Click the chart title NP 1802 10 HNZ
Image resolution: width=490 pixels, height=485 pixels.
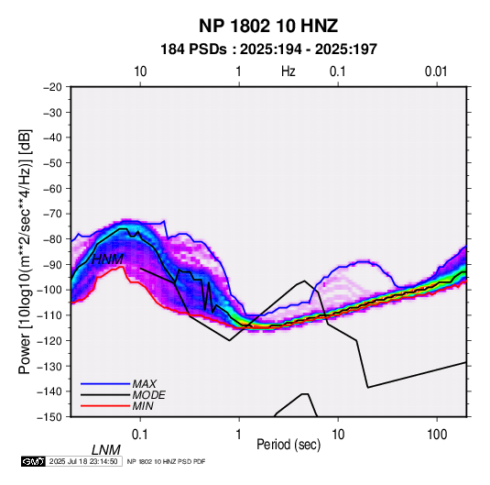(x=268, y=26)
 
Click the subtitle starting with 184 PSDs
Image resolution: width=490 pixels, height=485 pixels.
(x=268, y=50)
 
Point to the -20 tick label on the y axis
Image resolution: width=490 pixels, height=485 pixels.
(x=52, y=87)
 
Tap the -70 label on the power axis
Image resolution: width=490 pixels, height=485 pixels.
(x=52, y=214)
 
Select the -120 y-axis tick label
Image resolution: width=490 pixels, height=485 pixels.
(x=49, y=340)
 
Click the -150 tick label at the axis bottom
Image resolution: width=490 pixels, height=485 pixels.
(x=49, y=417)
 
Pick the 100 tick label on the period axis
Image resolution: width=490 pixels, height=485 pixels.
(x=437, y=435)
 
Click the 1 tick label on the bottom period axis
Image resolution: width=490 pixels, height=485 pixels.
(x=239, y=435)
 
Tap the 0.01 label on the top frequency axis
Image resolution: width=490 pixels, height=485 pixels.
(x=436, y=72)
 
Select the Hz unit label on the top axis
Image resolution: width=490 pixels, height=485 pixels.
(x=289, y=72)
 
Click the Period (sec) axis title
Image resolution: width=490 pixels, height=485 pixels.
(x=289, y=445)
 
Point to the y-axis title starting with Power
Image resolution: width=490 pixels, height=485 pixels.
(x=25, y=252)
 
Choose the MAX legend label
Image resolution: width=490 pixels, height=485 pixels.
(x=145, y=384)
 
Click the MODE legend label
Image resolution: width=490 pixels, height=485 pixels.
(x=148, y=395)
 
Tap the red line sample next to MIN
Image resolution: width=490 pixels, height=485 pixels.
(x=105, y=406)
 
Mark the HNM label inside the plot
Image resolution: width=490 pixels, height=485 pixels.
(x=107, y=259)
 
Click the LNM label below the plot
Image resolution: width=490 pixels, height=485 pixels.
(x=106, y=450)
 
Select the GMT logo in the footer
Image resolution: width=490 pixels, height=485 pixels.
(x=33, y=461)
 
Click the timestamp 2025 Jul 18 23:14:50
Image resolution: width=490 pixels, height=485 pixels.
(x=83, y=461)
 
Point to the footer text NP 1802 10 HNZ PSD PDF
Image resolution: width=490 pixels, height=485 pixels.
(x=167, y=461)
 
